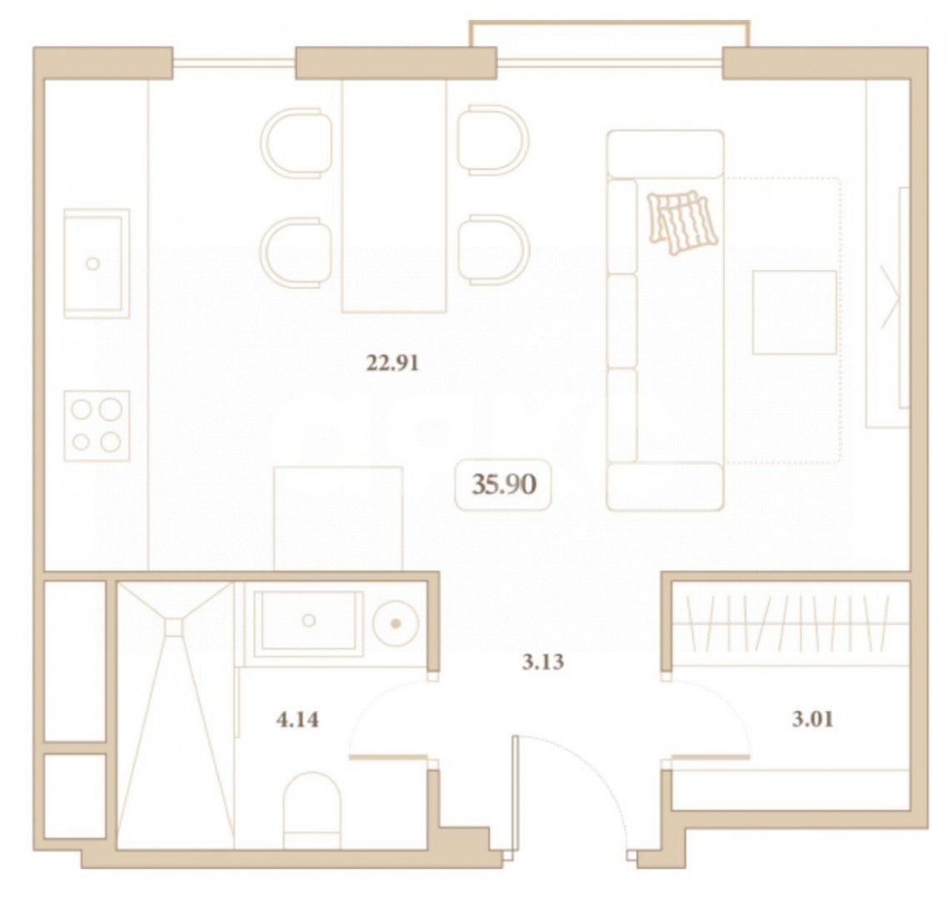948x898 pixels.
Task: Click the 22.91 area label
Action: click(x=392, y=363)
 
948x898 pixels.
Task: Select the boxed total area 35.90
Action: click(x=504, y=485)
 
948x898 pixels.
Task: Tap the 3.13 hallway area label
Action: click(x=543, y=663)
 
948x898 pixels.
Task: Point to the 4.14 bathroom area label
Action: click(x=297, y=720)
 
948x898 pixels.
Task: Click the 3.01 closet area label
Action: click(x=812, y=719)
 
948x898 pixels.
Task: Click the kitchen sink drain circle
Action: click(x=92, y=264)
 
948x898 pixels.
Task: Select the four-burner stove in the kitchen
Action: click(x=97, y=426)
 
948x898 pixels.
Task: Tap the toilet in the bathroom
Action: click(x=312, y=809)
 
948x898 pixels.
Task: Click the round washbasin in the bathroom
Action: click(x=395, y=624)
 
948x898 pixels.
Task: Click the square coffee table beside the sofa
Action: click(x=794, y=312)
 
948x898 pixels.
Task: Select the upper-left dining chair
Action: click(x=296, y=143)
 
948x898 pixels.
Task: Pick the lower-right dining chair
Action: click(x=494, y=249)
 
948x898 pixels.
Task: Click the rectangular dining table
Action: click(x=395, y=196)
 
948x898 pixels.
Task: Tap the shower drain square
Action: click(x=174, y=627)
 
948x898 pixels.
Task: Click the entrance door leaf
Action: click(x=514, y=796)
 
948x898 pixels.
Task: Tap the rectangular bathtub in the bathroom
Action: click(x=309, y=624)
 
